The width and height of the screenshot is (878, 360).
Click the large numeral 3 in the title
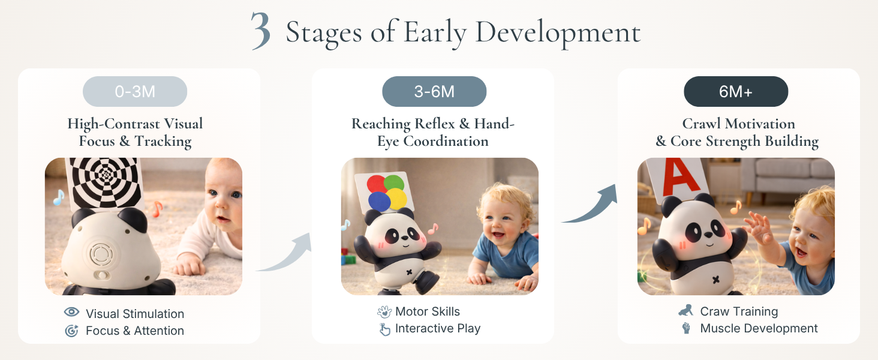(x=261, y=31)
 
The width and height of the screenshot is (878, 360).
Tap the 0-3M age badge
(x=135, y=91)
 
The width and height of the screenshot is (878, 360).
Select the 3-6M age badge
(x=434, y=91)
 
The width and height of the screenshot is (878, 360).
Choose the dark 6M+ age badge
(x=736, y=91)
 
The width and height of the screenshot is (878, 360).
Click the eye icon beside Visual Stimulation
(x=71, y=312)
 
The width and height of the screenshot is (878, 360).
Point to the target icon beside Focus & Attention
(x=71, y=331)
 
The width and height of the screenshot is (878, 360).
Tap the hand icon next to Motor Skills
(x=384, y=312)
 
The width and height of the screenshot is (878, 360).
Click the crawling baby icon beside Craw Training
(x=686, y=310)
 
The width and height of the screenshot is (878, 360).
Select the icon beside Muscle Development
(x=686, y=328)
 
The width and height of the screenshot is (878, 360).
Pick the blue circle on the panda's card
(x=380, y=202)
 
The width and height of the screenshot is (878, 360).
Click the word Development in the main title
(x=558, y=33)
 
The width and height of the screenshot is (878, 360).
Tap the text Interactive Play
(x=437, y=328)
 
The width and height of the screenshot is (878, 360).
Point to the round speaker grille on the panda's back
(x=101, y=254)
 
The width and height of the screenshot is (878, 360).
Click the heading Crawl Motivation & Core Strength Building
(x=738, y=133)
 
